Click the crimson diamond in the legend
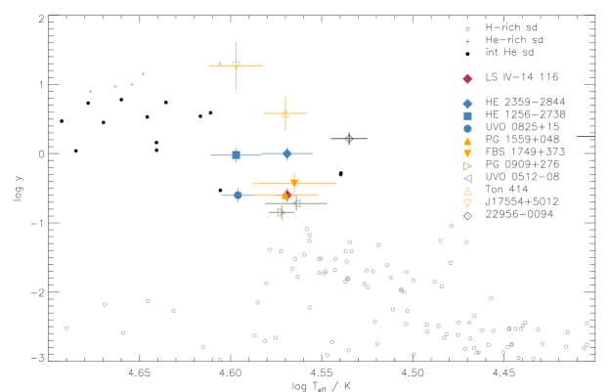(x=467, y=79)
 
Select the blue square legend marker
(x=467, y=116)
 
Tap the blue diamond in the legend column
(x=467, y=104)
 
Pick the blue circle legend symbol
(x=467, y=128)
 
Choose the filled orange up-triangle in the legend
(x=467, y=141)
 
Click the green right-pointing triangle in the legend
(x=467, y=166)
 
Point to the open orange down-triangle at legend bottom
(x=467, y=203)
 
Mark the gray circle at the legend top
(x=467, y=29)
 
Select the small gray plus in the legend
(x=467, y=42)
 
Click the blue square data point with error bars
(x=236, y=154)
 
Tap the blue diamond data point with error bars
(x=286, y=153)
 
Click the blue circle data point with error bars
(x=238, y=196)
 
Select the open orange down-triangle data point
(x=236, y=65)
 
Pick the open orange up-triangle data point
(x=285, y=113)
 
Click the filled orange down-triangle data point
(x=294, y=183)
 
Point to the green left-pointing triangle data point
(x=297, y=203)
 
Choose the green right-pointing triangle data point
(x=281, y=211)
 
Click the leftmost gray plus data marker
(x=91, y=92)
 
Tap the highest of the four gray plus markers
(x=143, y=74)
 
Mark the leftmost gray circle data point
(x=66, y=327)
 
